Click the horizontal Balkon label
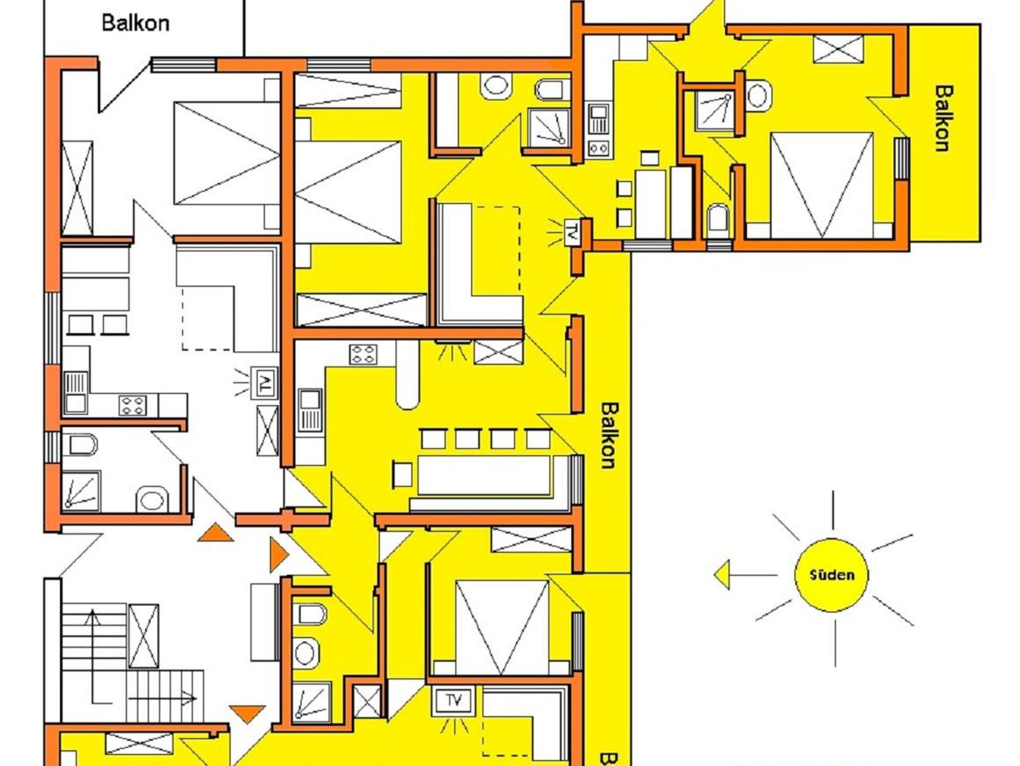[x=135, y=23]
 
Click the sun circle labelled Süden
[x=831, y=575]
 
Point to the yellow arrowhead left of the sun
[x=722, y=575]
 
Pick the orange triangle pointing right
[x=279, y=554]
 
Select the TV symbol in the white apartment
[x=264, y=383]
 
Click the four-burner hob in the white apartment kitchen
[x=133, y=404]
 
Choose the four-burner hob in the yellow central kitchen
[x=363, y=354]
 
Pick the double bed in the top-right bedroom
[x=822, y=185]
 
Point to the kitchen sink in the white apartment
[x=76, y=393]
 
